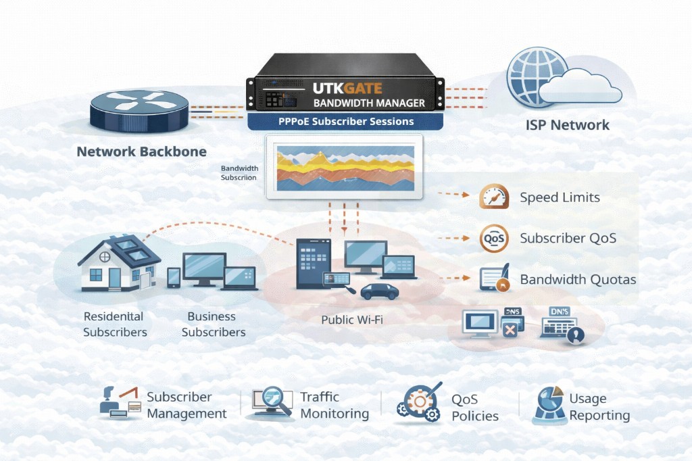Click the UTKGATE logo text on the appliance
coord(347,88)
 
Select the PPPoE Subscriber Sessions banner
coord(345,122)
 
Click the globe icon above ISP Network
coord(538,76)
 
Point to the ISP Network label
coord(568,125)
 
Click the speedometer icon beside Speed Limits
coord(494,197)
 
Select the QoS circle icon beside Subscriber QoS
coord(494,239)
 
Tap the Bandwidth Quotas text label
coord(578,280)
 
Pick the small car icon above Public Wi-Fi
coord(379,291)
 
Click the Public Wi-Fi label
coord(351,319)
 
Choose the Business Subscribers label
coord(213,324)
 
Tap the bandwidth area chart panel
coord(345,167)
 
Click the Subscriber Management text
coord(187,406)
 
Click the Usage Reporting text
coord(599,407)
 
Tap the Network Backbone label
coord(141,151)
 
